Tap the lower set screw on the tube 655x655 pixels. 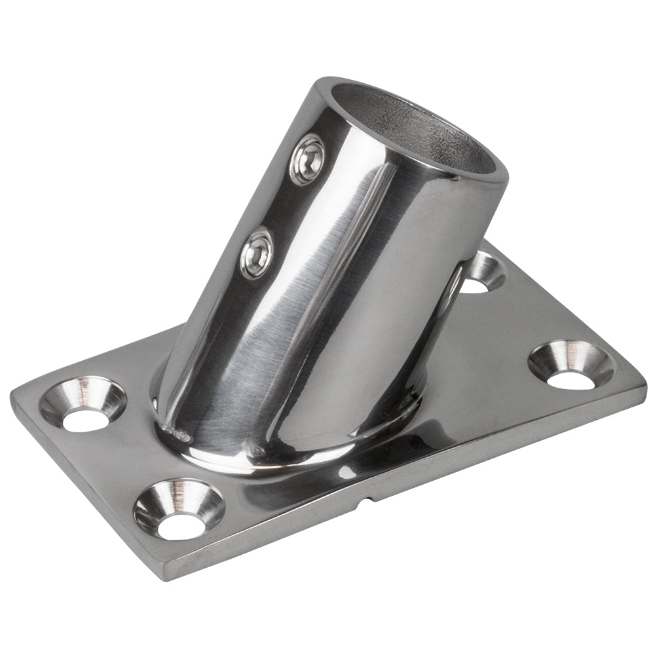pos(257,252)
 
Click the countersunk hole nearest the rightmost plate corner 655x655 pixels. pos(570,365)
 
